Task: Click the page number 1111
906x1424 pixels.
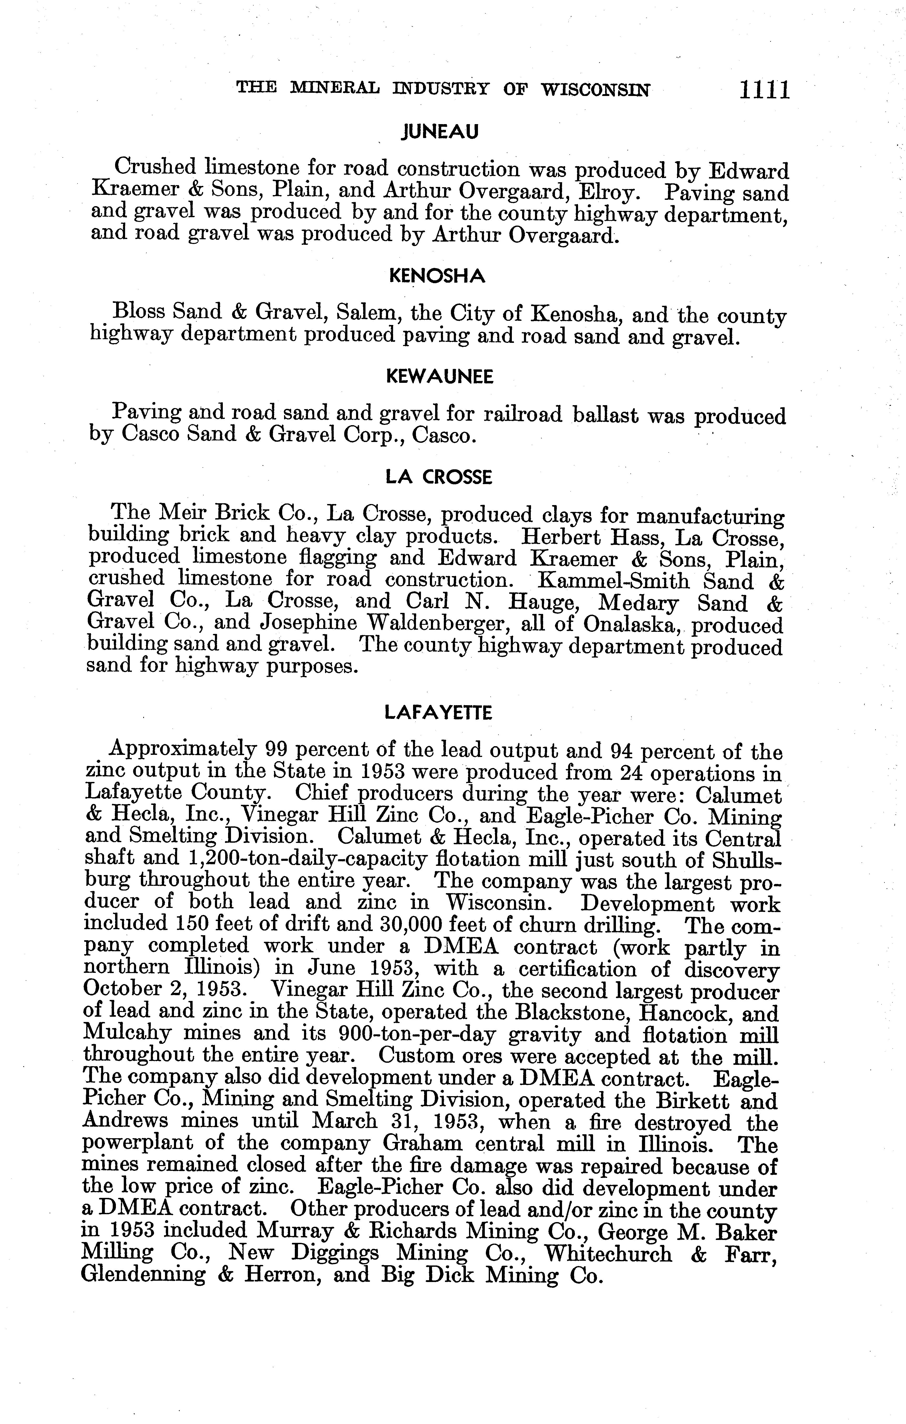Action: coord(763,90)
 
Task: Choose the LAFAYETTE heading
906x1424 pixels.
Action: coord(438,713)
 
